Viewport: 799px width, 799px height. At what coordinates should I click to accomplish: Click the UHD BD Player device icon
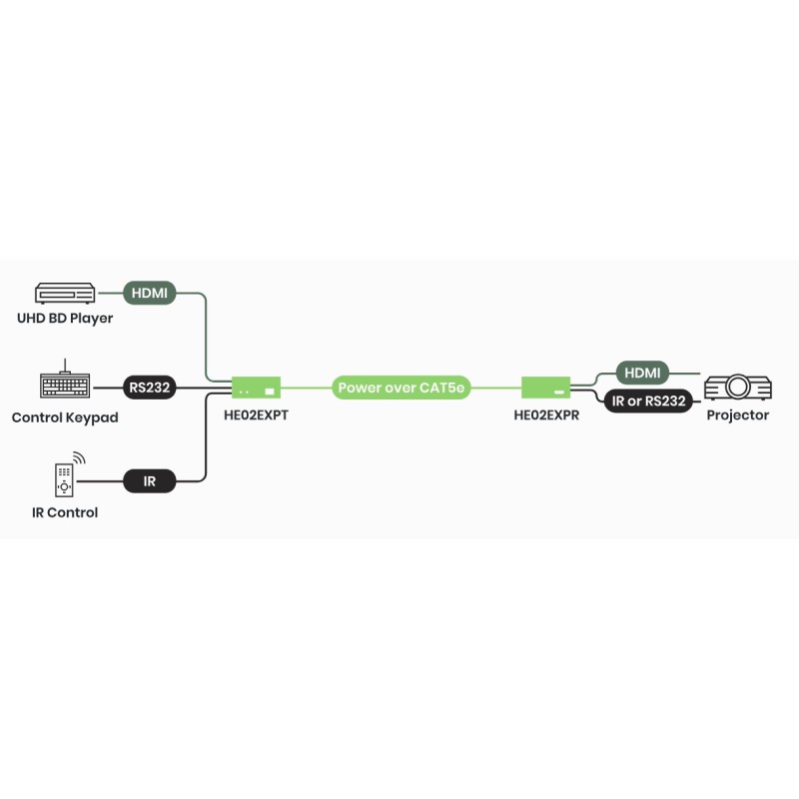pyautogui.click(x=65, y=294)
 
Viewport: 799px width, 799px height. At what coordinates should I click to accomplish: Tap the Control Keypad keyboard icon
pyautogui.click(x=65, y=386)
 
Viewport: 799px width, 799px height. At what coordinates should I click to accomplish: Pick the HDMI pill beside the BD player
pyautogui.click(x=150, y=294)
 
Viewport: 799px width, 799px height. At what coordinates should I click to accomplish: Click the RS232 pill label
pyautogui.click(x=150, y=387)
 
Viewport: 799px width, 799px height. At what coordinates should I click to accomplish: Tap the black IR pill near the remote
pyautogui.click(x=150, y=481)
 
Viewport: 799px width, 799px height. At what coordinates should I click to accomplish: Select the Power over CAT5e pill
pyautogui.click(x=401, y=387)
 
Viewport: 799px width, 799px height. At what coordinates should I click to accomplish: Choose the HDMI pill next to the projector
pyautogui.click(x=642, y=373)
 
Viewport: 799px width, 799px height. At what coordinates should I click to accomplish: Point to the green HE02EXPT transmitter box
pyautogui.click(x=256, y=387)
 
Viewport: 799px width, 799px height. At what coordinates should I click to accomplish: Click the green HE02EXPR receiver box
pyautogui.click(x=545, y=387)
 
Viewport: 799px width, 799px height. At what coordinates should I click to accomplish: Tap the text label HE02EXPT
pyautogui.click(x=256, y=414)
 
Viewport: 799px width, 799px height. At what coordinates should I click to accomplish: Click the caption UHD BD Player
pyautogui.click(x=65, y=319)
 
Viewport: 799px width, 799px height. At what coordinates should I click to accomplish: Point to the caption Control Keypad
pyautogui.click(x=65, y=417)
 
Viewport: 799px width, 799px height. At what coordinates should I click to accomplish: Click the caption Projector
pyautogui.click(x=737, y=414)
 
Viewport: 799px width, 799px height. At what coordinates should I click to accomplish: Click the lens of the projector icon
pyautogui.click(x=739, y=387)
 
